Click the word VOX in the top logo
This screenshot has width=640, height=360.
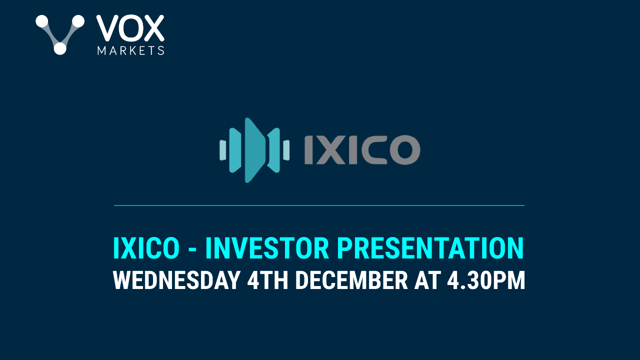point(130,28)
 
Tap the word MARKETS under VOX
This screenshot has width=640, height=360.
point(130,50)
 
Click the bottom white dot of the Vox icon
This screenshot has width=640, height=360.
point(59,48)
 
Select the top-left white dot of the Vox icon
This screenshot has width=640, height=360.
point(42,21)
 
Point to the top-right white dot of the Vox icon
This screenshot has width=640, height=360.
point(78,21)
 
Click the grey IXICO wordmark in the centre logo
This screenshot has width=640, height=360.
point(362,150)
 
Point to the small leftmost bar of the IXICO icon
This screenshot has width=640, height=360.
point(222,150)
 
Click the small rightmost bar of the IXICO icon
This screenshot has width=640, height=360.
point(286,150)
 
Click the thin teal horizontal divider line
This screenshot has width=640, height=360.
point(319,205)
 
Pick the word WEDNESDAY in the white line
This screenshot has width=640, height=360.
point(176,281)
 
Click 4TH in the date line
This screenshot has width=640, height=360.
point(267,281)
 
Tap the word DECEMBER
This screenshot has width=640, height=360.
point(351,281)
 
